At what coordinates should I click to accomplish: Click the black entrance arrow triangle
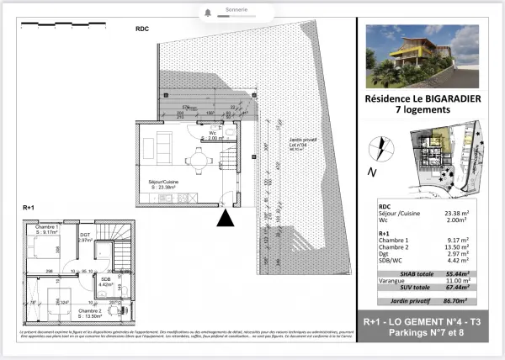[x=225, y=220]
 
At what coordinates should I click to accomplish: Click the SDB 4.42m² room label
[x=106, y=282]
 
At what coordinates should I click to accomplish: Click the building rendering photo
[x=423, y=57]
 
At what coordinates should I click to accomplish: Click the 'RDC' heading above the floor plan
[x=142, y=29]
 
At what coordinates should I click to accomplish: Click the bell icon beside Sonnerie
[x=207, y=13]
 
